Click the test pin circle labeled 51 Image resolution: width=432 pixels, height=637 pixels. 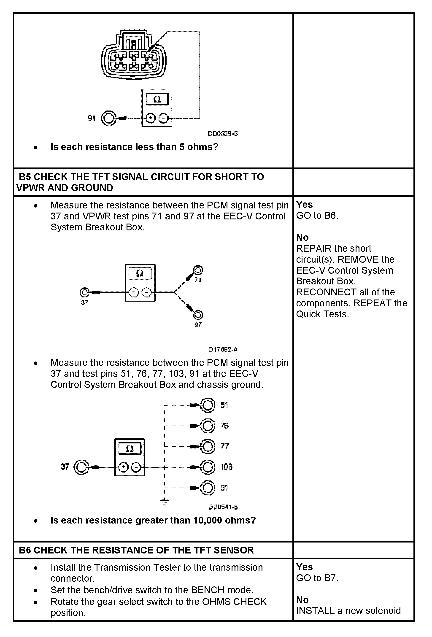coord(207,405)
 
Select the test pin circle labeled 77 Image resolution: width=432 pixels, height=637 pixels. coord(207,446)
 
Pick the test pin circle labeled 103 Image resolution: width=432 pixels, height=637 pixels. coord(207,467)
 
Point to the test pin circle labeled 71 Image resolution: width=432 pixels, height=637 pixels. coord(198,270)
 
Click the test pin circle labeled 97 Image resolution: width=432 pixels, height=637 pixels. coord(198,315)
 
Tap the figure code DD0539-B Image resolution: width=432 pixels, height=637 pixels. coord(223,134)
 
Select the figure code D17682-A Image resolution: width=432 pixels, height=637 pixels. coord(223,350)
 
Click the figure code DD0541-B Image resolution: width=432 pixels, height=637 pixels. coord(223,507)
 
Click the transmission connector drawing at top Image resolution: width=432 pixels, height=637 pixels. coord(134,55)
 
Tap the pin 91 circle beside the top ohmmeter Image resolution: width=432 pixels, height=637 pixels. coord(109,118)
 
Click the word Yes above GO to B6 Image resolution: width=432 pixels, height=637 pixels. coord(304,205)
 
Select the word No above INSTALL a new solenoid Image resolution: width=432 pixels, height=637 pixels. coord(302,600)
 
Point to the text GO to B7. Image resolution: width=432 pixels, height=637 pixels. coord(317,578)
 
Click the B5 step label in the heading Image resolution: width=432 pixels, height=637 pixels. coord(25,177)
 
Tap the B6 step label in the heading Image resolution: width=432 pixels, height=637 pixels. coord(25,550)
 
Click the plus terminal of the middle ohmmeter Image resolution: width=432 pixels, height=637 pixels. coord(134,292)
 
